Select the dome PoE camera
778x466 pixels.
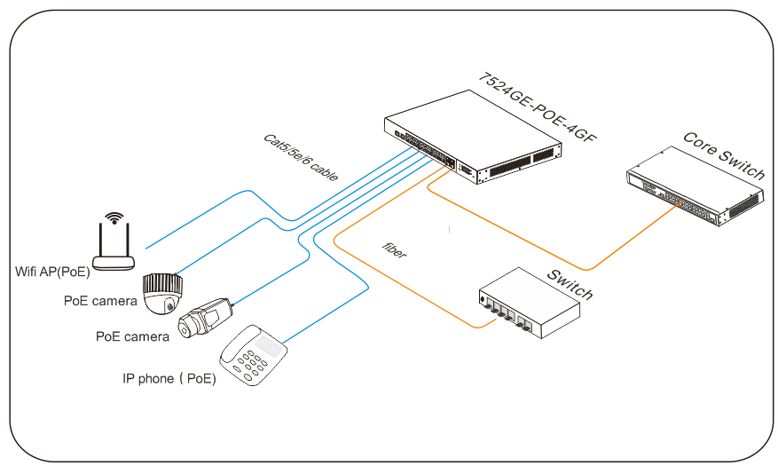(x=164, y=293)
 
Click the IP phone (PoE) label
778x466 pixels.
(x=169, y=379)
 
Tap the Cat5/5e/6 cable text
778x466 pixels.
(x=301, y=158)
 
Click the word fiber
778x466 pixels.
(x=394, y=249)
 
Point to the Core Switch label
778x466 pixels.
(x=723, y=154)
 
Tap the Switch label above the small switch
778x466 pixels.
(x=569, y=283)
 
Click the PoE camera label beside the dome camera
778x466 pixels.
(x=99, y=301)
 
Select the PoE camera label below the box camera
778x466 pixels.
(x=132, y=336)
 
